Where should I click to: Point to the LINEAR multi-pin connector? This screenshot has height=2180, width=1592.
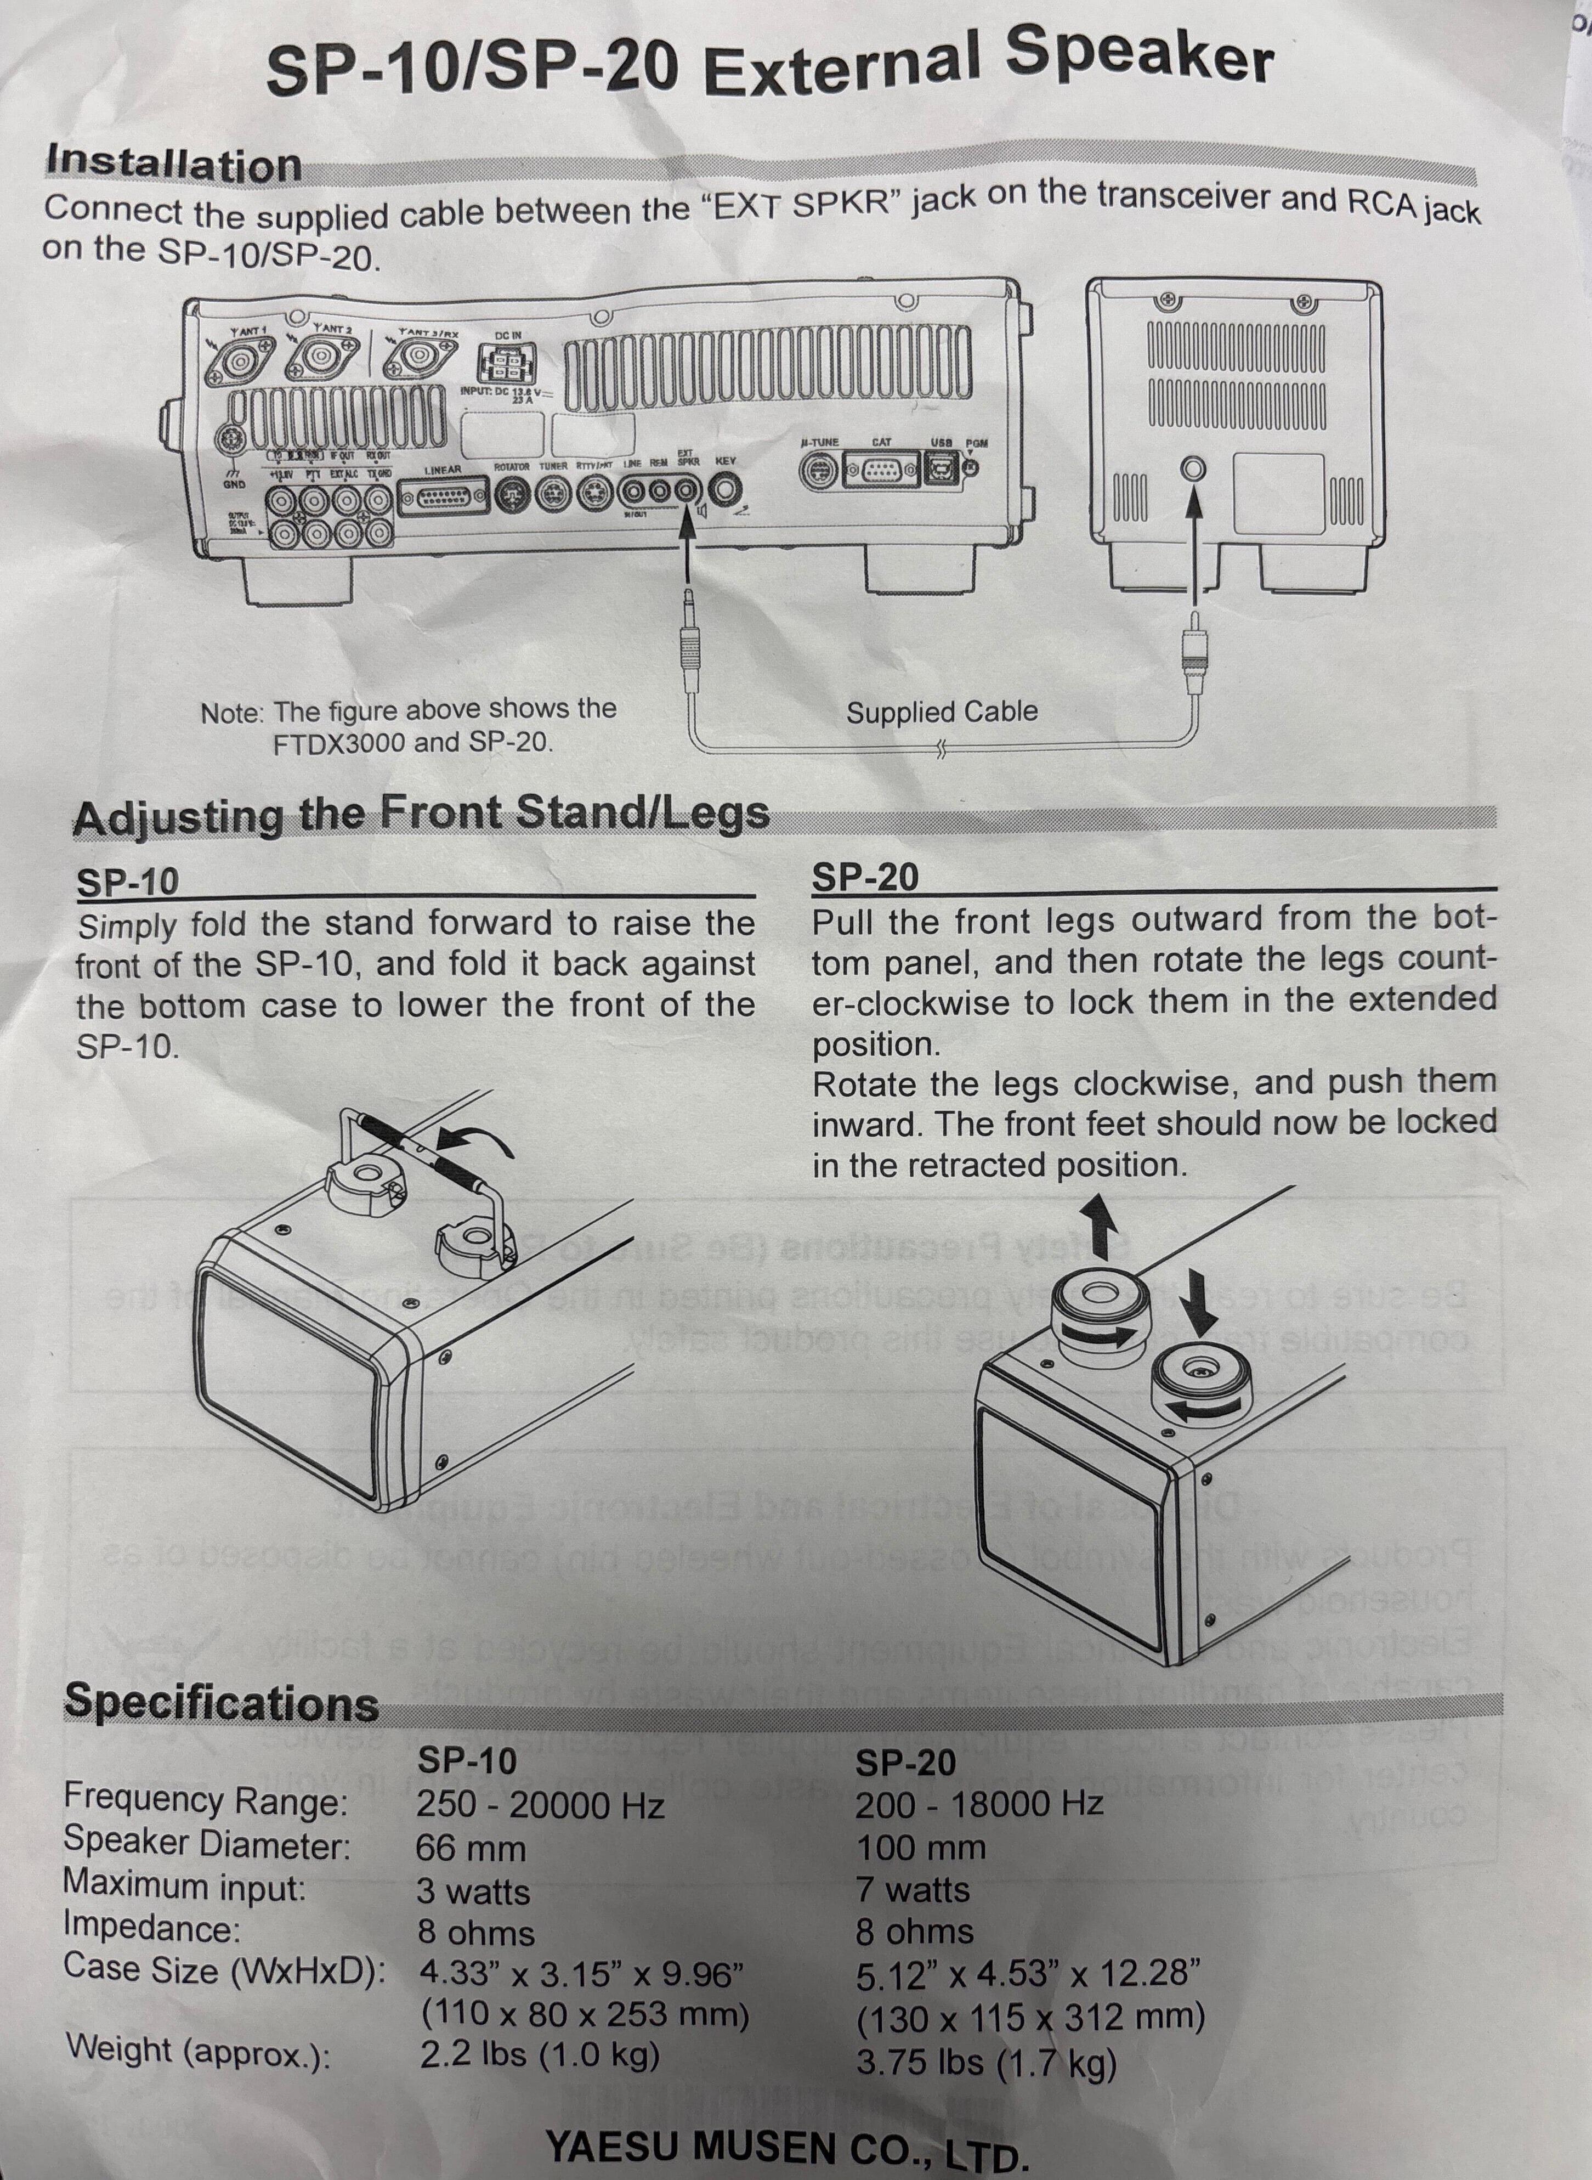point(443,498)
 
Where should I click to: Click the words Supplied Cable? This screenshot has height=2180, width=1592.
point(942,712)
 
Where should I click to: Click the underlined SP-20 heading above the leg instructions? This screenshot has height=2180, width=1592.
point(864,878)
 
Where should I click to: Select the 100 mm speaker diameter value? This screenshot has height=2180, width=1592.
point(920,1848)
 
